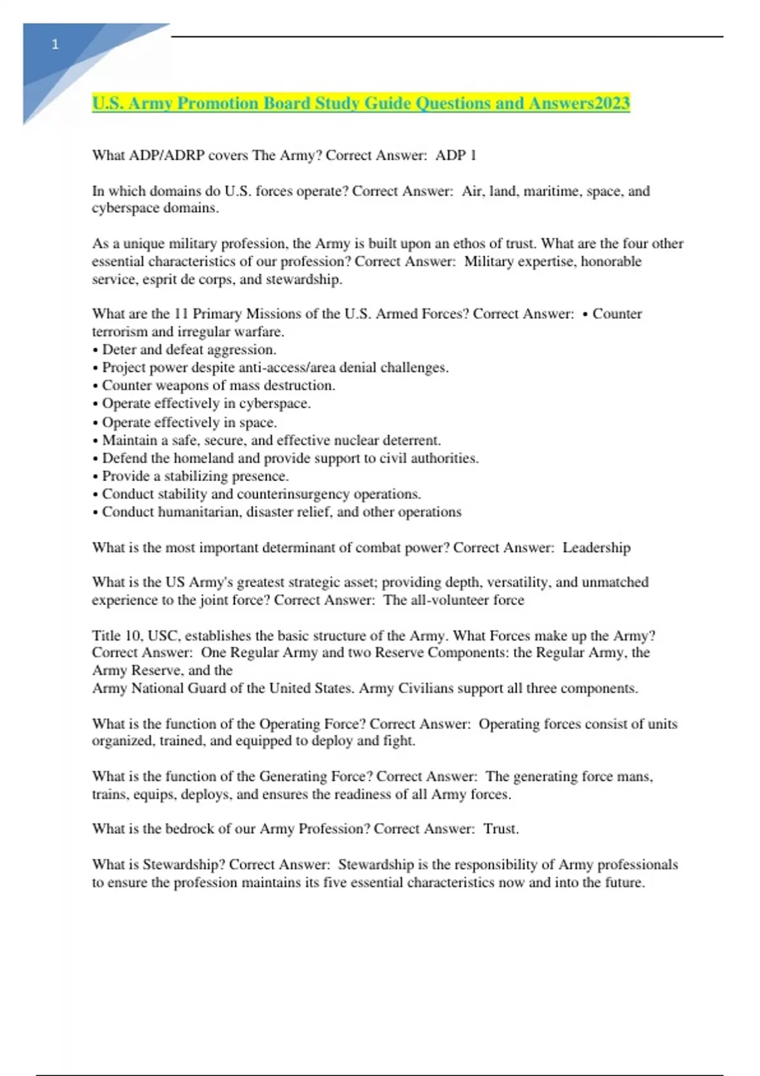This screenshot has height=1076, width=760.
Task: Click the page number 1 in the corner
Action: (x=55, y=44)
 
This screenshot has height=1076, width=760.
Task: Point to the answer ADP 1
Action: (x=455, y=155)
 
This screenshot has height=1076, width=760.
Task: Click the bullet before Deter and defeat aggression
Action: (x=95, y=350)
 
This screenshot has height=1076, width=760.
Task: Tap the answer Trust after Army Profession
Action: (x=500, y=829)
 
